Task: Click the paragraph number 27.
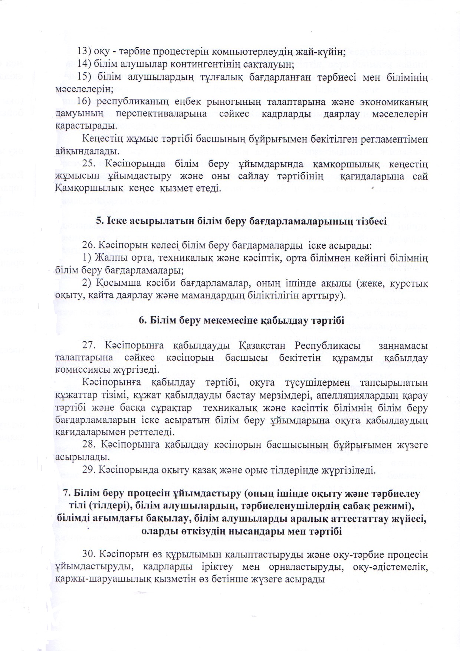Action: (90, 346)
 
